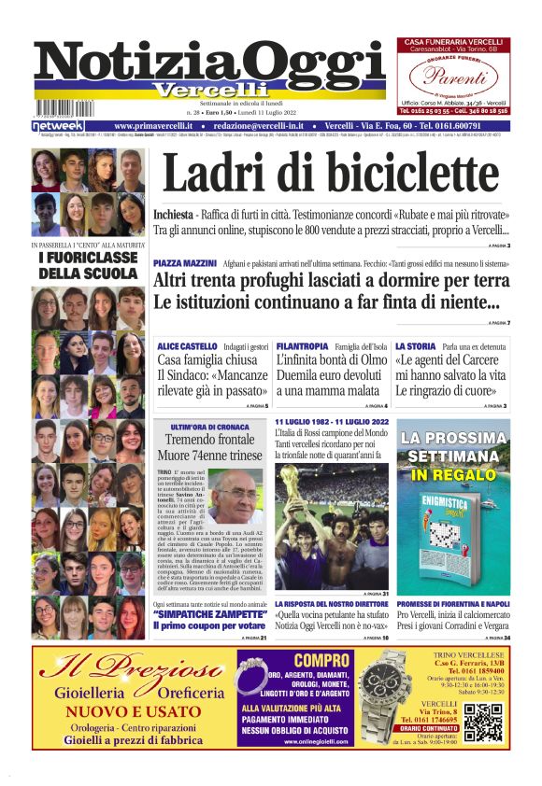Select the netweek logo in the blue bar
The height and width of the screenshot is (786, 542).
58,125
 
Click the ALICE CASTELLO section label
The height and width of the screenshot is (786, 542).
189,345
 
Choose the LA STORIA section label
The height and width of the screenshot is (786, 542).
411,345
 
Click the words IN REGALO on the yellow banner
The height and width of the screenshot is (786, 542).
453,475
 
